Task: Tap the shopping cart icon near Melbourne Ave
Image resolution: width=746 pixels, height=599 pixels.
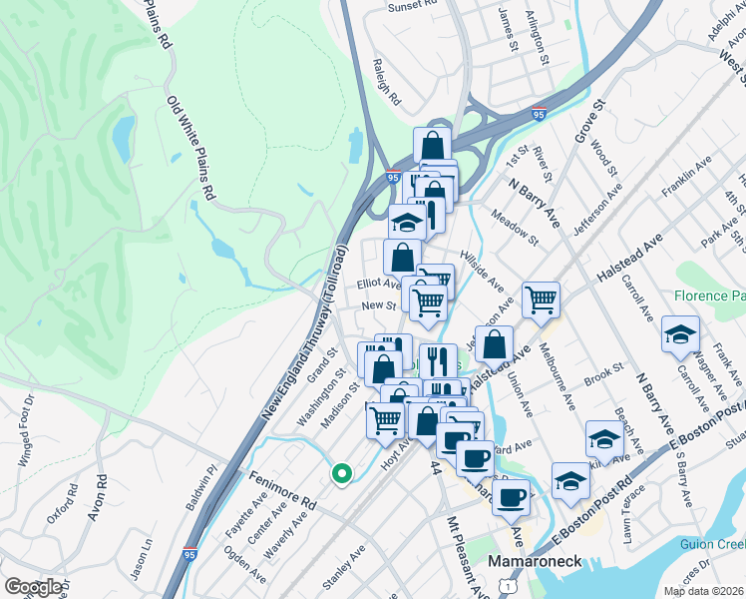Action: [541, 299]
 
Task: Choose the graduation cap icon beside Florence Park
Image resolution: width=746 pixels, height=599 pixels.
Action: [680, 333]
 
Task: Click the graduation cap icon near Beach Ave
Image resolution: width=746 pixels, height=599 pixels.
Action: [603, 437]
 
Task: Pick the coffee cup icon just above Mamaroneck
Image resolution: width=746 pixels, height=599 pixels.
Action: [512, 497]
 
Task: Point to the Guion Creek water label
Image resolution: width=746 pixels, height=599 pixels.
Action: [712, 545]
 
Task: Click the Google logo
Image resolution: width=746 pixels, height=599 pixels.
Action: [33, 587]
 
